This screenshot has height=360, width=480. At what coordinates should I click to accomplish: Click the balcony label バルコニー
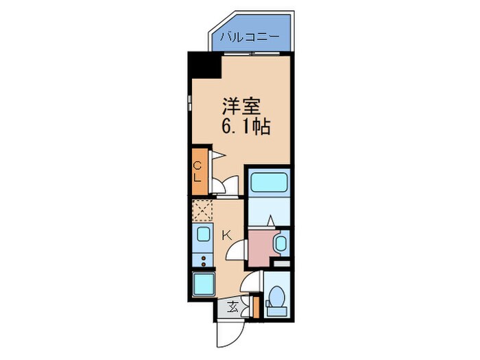tap(250, 38)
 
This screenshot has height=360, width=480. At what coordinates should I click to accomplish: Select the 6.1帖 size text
tap(244, 126)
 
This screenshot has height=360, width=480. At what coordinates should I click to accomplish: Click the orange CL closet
tap(197, 171)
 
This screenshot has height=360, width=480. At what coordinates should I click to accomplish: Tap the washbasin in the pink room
tap(280, 244)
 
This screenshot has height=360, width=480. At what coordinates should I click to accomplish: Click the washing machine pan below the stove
tap(204, 284)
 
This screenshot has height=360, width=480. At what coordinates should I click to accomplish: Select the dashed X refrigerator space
tap(202, 209)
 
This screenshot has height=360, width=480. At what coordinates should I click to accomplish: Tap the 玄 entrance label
tap(232, 307)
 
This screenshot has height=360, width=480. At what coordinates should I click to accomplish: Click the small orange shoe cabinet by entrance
tap(254, 307)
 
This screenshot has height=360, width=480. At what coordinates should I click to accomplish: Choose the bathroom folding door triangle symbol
tap(270, 219)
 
